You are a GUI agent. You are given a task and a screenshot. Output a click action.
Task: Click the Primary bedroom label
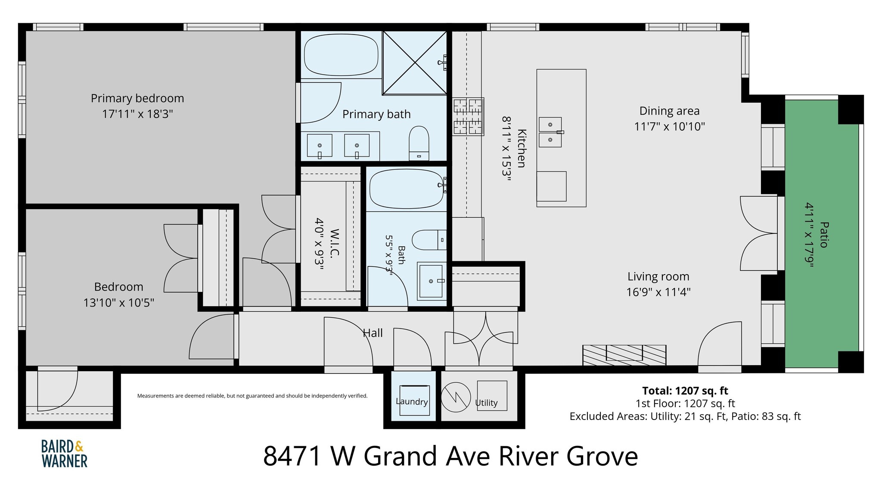coord(137,98)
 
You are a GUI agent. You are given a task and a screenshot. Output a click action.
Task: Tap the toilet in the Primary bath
coord(419,143)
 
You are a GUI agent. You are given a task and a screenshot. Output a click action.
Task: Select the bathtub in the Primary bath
coord(341,54)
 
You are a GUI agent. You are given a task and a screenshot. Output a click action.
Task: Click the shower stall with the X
coord(415,63)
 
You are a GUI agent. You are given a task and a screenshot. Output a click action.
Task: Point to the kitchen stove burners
coord(469,116)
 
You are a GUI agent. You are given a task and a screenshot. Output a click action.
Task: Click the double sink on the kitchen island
coord(550,132)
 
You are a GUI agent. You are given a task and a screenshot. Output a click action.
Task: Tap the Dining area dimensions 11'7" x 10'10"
coord(669,127)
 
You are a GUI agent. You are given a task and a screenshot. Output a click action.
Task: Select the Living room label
coord(658,276)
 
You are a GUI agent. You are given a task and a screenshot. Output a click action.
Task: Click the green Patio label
coord(824,235)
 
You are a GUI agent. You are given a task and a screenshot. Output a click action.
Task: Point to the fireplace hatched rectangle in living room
coord(624,355)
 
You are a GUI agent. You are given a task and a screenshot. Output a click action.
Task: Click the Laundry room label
coord(412,401)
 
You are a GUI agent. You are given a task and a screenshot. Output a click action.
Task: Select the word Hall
coord(373,333)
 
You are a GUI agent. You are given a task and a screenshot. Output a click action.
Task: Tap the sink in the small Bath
coord(431,281)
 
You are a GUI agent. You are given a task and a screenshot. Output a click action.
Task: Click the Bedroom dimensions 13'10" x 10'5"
coord(119,303)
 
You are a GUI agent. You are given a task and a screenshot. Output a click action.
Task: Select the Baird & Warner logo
coord(64,454)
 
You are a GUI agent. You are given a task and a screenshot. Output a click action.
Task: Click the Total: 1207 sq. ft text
coord(685,391)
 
